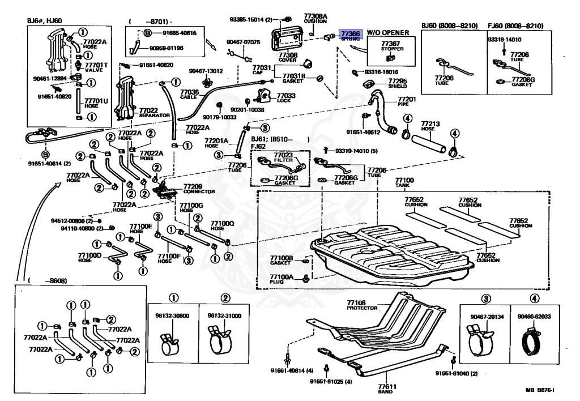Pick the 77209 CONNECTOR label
[x=192, y=189]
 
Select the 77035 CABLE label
[x=190, y=94]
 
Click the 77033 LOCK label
[x=286, y=98]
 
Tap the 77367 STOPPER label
[x=389, y=46]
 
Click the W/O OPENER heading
[x=388, y=33]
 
